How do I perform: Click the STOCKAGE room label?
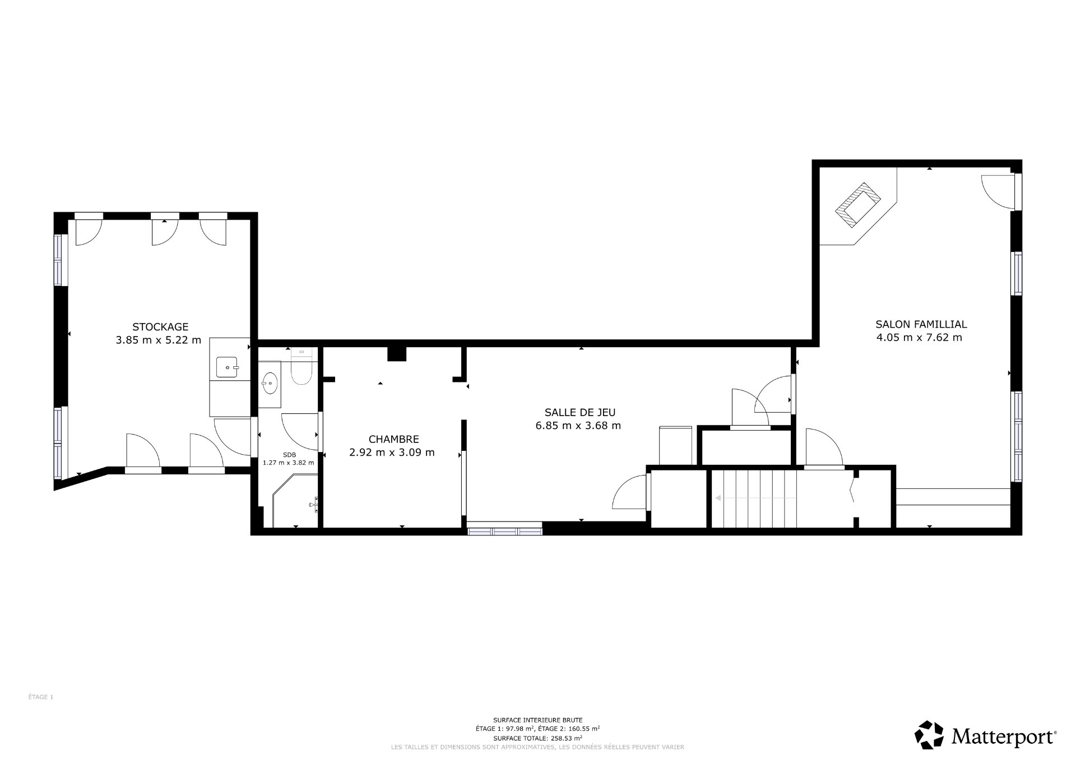160,327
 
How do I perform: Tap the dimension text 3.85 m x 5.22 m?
158,340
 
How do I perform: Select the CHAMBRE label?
393,440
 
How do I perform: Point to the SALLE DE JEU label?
579,412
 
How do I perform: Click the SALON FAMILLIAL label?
921,324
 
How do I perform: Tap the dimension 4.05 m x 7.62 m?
919,338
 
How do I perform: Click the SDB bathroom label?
289,455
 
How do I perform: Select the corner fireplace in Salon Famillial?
858,205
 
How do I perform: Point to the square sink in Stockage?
228,367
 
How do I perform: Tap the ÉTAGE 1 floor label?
40,697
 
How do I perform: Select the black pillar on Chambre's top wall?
397,354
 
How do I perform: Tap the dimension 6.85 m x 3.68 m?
578,426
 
